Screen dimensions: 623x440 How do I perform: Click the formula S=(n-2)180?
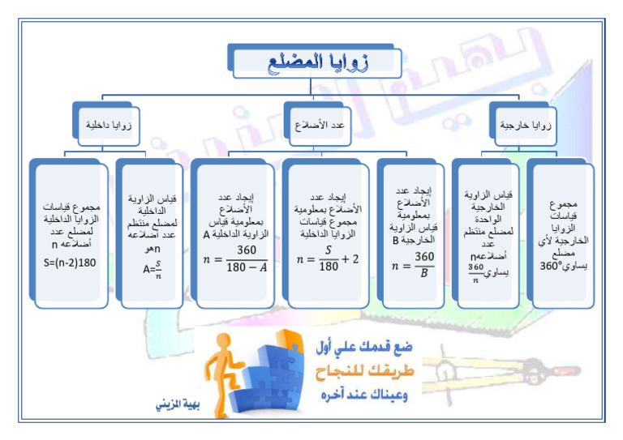pos(71,263)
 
